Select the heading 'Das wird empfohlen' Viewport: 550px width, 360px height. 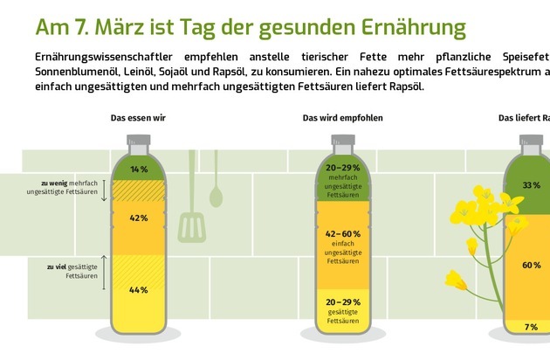342,117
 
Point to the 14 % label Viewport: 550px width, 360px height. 138,168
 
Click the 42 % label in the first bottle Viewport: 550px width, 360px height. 138,218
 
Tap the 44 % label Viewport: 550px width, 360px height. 138,289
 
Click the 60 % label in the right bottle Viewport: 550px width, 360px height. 531,264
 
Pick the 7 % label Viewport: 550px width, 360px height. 531,327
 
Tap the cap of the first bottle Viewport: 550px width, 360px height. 138,140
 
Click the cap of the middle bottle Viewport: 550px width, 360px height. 342,140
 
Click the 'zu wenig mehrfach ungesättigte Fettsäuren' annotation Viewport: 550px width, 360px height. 72,189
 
